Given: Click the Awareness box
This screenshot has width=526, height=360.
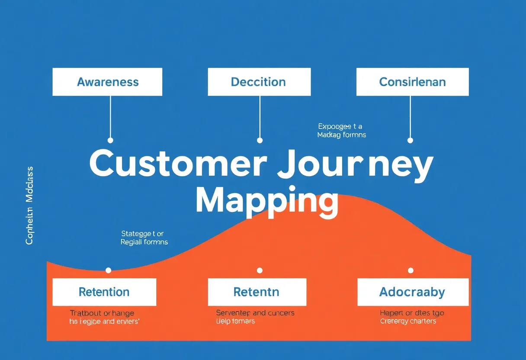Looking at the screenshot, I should (x=107, y=82).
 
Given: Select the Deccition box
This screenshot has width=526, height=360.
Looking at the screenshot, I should (x=259, y=82).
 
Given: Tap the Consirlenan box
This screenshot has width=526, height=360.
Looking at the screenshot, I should (x=412, y=82).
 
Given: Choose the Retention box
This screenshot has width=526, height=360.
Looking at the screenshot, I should (x=104, y=292).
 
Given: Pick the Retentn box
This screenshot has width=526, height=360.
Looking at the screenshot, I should (x=257, y=292).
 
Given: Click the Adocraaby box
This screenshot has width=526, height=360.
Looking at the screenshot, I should (x=412, y=292).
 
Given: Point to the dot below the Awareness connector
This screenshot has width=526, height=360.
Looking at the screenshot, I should (x=110, y=140).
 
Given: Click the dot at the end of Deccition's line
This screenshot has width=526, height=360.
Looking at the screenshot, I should (x=260, y=140).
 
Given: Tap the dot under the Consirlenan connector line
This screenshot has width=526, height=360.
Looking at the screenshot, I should (x=410, y=140).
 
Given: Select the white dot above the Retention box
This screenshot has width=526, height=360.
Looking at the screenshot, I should (x=108, y=270).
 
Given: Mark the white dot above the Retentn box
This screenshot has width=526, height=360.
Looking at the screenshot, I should (x=260, y=270).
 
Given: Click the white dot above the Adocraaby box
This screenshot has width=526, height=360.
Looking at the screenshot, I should (x=411, y=270).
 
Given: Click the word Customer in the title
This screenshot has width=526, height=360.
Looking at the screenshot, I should (x=178, y=164).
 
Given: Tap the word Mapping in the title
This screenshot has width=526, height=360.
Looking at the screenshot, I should (x=266, y=200).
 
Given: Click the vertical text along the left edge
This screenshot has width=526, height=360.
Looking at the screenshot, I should (x=29, y=205).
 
